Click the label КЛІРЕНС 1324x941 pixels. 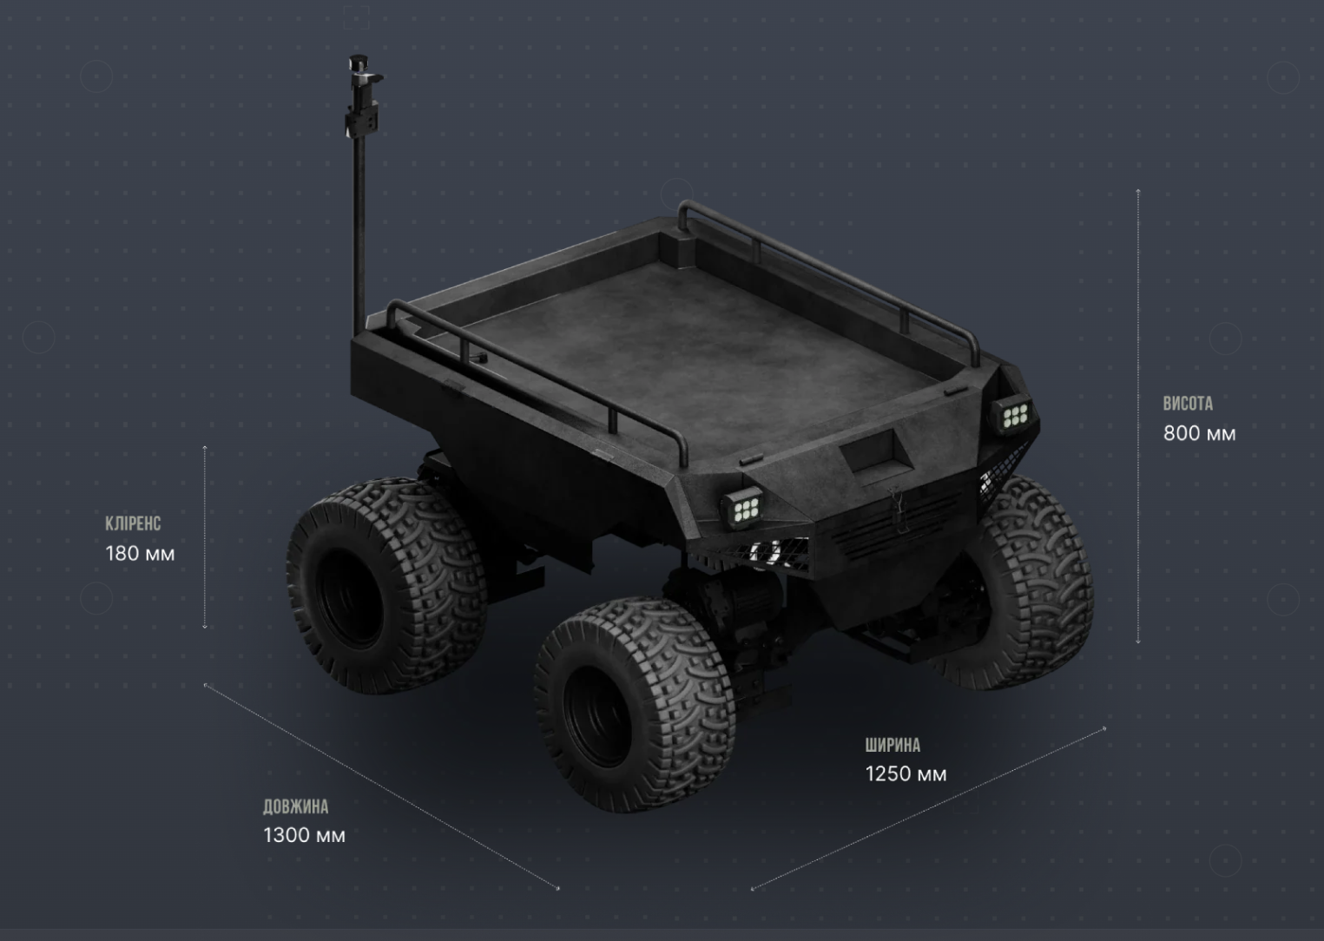pyautogui.click(x=133, y=523)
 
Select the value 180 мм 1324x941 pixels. pyautogui.click(x=140, y=554)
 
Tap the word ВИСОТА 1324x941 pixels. pyautogui.click(x=1188, y=404)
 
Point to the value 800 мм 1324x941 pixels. pyautogui.click(x=1199, y=434)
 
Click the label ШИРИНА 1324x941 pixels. pyautogui.click(x=893, y=746)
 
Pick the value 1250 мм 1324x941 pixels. pyautogui.click(x=906, y=774)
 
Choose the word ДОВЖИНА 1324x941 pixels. pyautogui.click(x=295, y=806)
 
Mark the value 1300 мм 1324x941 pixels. pyautogui.click(x=304, y=836)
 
